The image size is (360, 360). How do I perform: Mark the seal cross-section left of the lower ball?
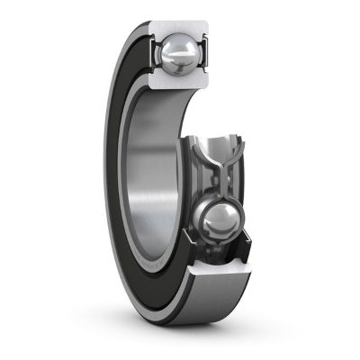click(191, 229)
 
